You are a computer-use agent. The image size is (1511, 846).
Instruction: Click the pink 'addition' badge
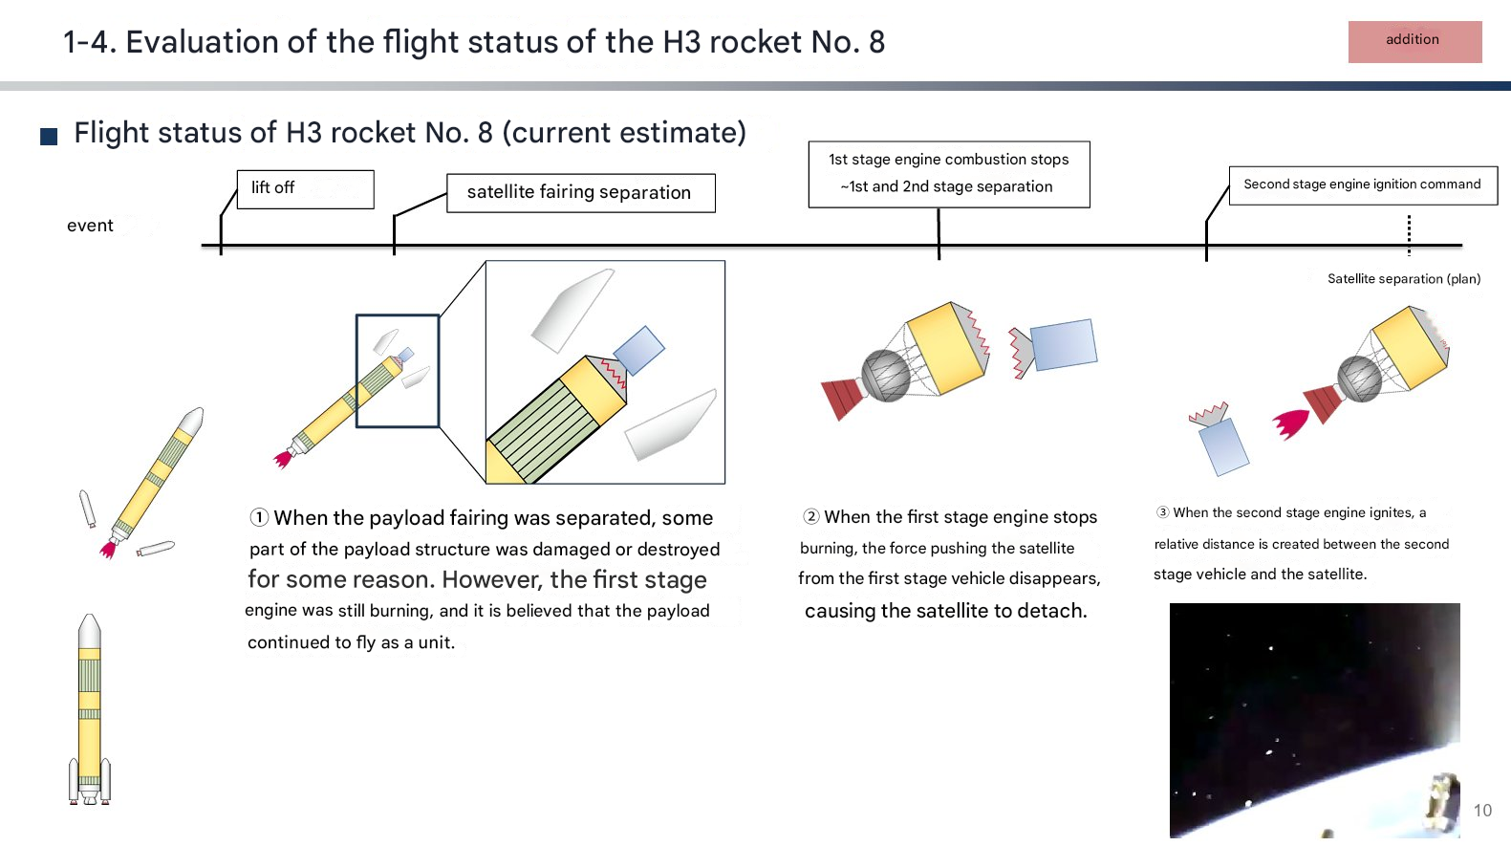tap(1414, 42)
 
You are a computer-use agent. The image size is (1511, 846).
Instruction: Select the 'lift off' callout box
tap(306, 189)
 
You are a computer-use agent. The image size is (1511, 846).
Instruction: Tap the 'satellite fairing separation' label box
tap(581, 193)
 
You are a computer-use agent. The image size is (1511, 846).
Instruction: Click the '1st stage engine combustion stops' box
tap(949, 174)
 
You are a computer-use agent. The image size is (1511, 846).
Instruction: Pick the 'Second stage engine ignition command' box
tap(1363, 185)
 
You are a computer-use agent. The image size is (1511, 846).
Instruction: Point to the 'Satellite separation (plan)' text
tap(1404, 278)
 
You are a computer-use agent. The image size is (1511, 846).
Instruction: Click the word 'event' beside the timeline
tap(90, 226)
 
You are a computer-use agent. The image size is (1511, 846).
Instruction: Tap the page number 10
tap(1482, 811)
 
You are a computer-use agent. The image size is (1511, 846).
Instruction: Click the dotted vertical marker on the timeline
tap(1409, 235)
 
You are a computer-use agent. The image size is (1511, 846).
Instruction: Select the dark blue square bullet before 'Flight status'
tap(49, 137)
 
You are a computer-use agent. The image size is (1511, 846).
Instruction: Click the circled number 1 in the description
tap(260, 517)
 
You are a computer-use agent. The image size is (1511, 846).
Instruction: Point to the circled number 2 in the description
tap(811, 517)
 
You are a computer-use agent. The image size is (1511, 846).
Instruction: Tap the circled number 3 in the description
tap(1163, 512)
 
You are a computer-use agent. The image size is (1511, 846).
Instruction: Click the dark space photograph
tap(1315, 721)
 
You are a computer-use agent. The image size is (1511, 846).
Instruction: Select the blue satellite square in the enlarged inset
tap(638, 350)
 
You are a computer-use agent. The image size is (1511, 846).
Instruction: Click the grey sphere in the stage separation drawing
tap(886, 375)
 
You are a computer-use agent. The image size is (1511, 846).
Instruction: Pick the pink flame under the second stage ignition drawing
tap(1290, 423)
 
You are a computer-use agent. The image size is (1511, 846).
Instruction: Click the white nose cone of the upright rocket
tap(90, 632)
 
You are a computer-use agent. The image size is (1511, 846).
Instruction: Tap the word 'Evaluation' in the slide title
tap(202, 42)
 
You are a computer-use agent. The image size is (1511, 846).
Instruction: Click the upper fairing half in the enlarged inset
tap(572, 311)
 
